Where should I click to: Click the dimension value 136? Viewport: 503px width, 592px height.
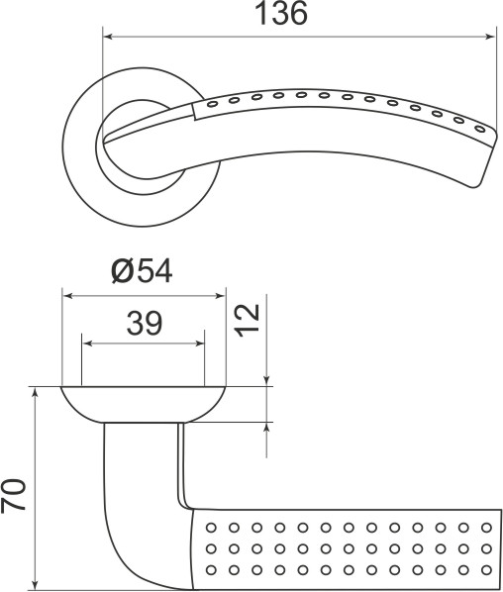tap(282, 15)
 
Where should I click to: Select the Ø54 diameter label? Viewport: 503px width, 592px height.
tap(143, 271)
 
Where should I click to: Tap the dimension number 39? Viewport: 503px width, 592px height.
tap(145, 323)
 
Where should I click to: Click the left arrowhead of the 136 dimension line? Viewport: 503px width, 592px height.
tap(108, 38)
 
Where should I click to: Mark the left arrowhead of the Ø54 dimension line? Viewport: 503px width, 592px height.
tap(68, 294)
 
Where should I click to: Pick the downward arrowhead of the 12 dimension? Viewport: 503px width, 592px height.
tap(266, 380)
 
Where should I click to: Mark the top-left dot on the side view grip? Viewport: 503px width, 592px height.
tap(211, 526)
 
